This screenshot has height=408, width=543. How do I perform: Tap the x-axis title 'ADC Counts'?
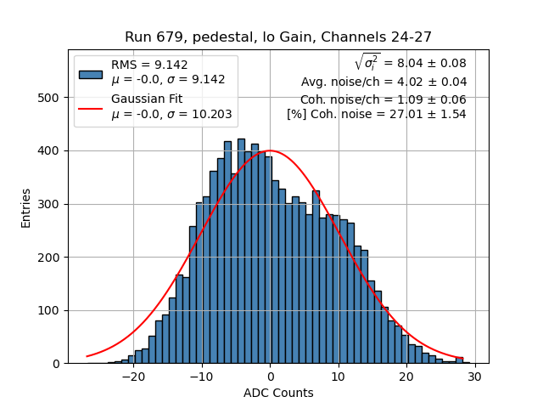point(277,393)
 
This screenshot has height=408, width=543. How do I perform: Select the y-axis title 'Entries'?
point(26,207)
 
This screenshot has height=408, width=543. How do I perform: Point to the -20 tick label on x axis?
point(133,376)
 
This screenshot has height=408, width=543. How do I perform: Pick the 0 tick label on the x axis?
point(270,376)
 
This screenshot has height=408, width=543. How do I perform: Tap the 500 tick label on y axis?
point(49,98)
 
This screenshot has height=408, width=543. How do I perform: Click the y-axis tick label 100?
point(49,310)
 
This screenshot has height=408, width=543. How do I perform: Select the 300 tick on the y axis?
point(49,204)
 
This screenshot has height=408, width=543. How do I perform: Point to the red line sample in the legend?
point(91,107)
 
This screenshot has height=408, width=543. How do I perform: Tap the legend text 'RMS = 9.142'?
point(149,65)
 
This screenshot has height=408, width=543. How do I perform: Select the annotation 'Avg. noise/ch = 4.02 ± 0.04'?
point(383,82)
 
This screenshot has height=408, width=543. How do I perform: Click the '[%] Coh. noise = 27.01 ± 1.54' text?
point(376,114)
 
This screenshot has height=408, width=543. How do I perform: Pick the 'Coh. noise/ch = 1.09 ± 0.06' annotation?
point(383,99)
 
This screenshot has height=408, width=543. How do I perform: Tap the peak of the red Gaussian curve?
point(270,151)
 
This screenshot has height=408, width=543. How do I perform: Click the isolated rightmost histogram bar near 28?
point(459,360)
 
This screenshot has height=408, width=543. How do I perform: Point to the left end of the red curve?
point(87,356)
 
